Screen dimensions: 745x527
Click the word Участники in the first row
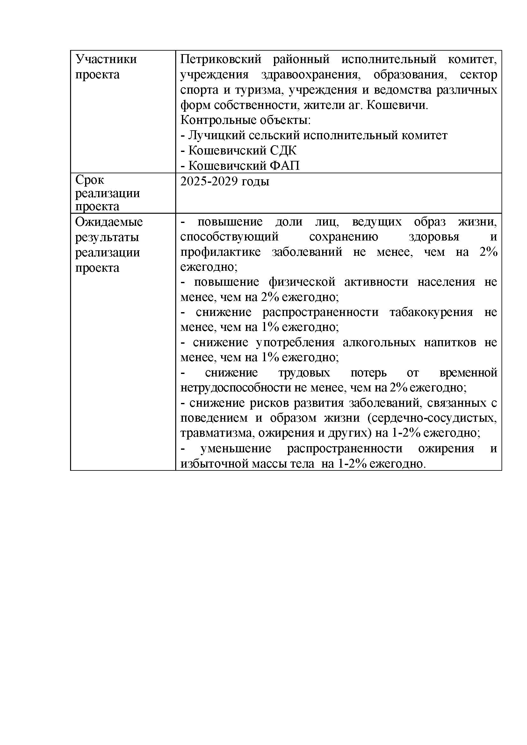106,59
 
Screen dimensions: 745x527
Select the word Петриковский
221,59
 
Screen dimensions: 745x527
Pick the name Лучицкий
215,135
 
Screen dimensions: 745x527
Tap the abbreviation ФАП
285,166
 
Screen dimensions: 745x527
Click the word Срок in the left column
90,180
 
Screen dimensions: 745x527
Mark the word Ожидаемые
109,222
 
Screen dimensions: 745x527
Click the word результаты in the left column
107,238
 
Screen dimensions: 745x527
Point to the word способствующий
229,237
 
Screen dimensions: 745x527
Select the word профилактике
220,252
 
